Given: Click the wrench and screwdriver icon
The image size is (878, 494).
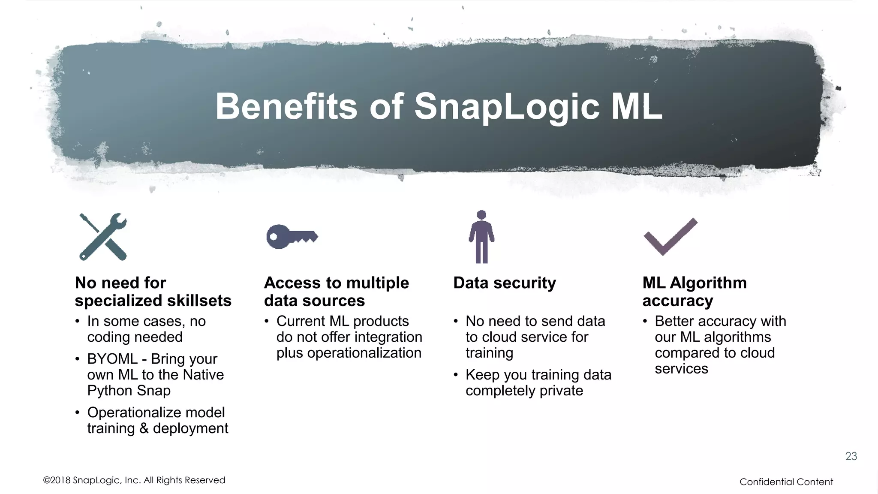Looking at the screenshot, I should click(103, 237).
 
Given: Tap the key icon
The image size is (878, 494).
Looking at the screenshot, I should click(292, 236).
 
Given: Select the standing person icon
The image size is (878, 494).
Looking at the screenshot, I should click(481, 237).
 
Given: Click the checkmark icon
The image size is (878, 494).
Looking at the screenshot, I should click(670, 237).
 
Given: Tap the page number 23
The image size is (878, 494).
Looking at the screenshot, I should click(851, 456).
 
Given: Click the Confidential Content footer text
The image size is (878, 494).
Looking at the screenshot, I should click(786, 482).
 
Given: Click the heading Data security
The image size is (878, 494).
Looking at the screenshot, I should click(505, 283).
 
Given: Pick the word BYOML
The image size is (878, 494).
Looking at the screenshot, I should click(112, 359).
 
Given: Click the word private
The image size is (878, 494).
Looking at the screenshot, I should click(561, 391).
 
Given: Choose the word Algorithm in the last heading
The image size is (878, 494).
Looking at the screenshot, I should click(708, 283).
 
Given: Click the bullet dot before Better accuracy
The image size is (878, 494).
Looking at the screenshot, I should click(645, 321).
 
